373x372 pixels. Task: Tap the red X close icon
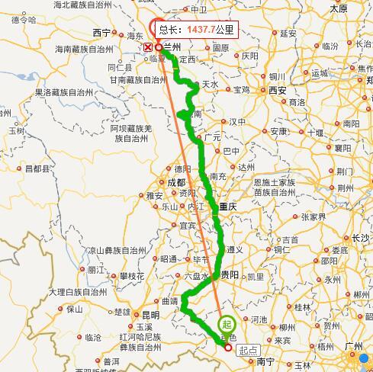(x=148, y=46)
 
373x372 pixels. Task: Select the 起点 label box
(x=248, y=350)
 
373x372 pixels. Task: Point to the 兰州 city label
(x=172, y=46)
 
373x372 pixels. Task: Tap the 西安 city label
(x=276, y=90)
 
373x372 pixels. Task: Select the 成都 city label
(x=175, y=182)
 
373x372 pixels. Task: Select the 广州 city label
(x=353, y=346)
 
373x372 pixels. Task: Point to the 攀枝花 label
(x=130, y=275)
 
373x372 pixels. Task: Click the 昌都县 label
(x=37, y=168)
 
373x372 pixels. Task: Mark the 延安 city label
(x=288, y=34)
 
